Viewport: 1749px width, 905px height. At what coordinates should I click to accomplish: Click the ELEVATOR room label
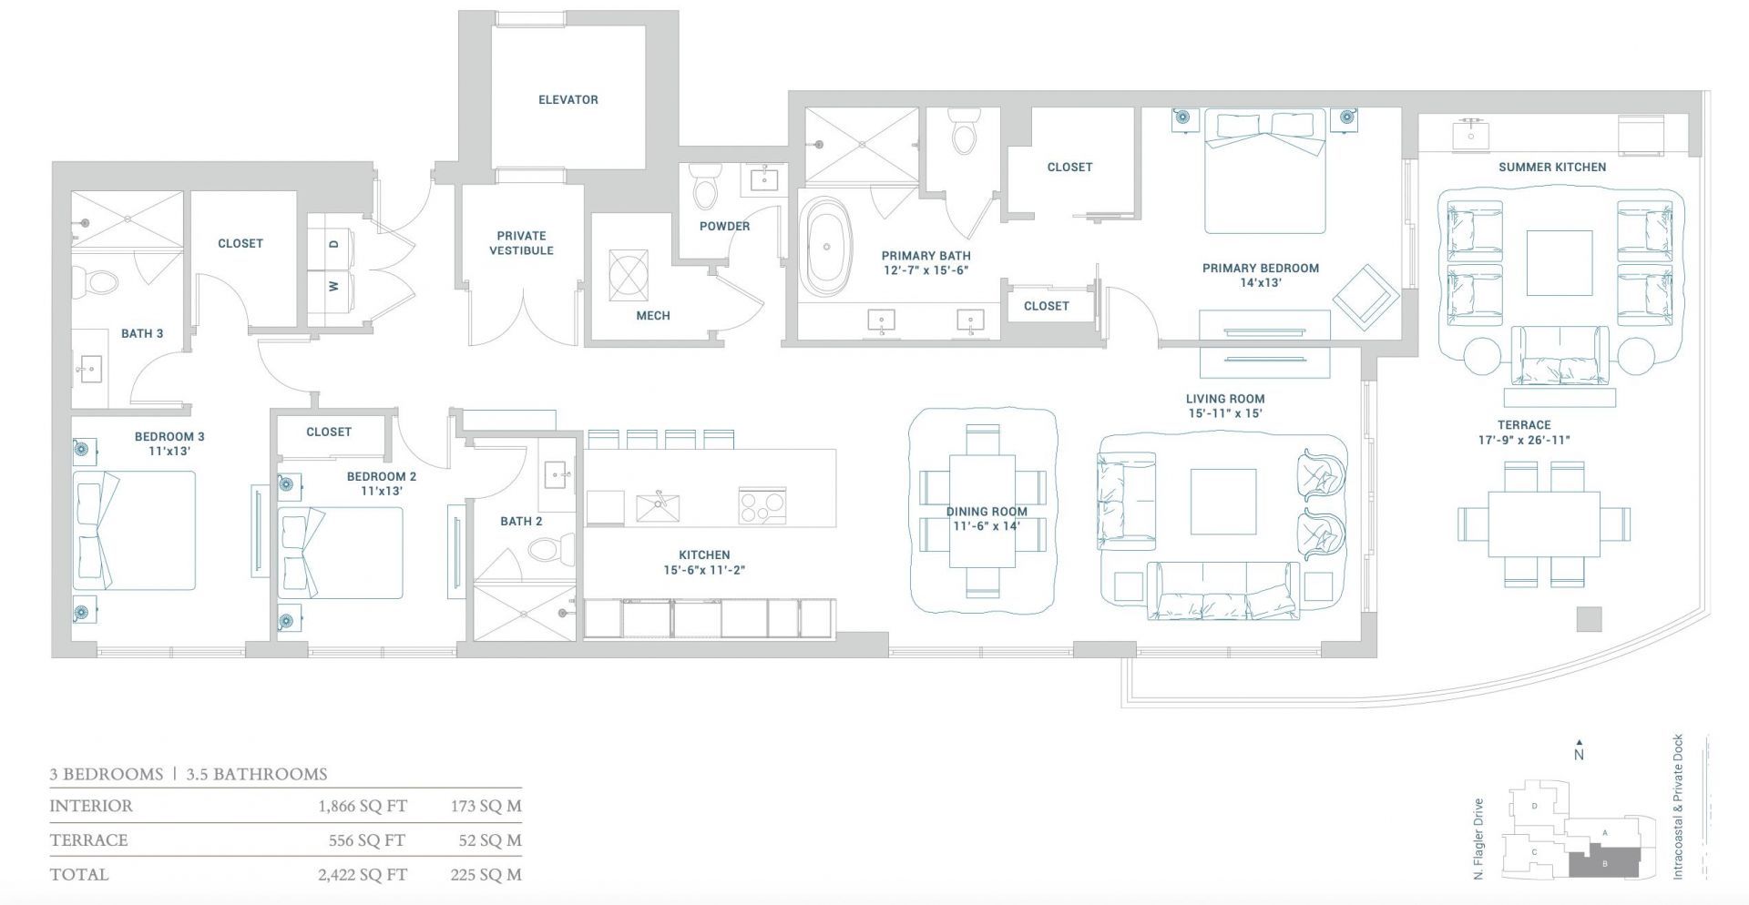coord(568,100)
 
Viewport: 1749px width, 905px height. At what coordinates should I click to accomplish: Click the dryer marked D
coord(334,243)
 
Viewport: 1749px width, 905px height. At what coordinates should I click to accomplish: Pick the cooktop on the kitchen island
coord(762,505)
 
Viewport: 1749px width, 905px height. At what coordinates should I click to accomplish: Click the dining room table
coord(983,511)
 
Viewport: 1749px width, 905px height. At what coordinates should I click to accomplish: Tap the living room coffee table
coord(1222,502)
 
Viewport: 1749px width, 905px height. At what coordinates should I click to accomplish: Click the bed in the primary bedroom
coord(1264,173)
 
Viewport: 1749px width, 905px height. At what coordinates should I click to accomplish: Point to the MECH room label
coord(652,316)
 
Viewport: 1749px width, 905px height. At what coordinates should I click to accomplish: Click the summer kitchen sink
coord(1471,133)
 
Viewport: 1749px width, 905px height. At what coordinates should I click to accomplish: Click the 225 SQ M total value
coord(486,875)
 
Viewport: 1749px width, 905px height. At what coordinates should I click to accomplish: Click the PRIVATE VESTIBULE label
coord(521,243)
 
